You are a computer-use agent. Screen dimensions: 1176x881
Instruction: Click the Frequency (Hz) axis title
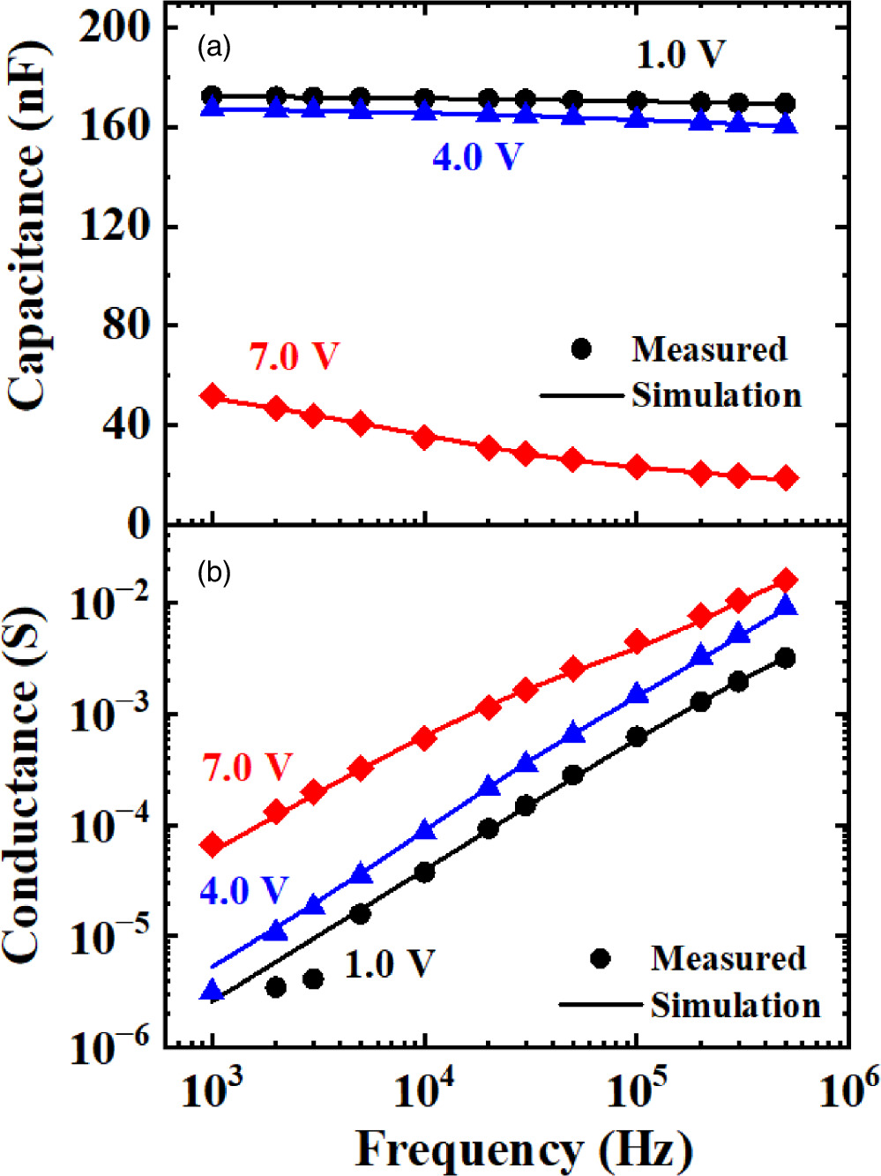coord(524,1149)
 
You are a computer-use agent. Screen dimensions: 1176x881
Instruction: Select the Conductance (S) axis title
coord(23,785)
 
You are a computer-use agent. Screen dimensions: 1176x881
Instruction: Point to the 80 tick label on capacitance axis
coord(126,325)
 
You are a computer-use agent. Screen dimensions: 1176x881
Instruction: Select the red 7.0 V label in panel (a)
coord(294,356)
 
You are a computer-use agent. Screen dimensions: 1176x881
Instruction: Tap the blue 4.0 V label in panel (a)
coord(477,157)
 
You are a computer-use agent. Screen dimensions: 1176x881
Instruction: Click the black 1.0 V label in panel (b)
coord(389,963)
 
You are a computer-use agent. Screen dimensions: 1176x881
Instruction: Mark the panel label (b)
coord(213,573)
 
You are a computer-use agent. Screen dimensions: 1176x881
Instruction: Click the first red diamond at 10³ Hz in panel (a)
coord(213,396)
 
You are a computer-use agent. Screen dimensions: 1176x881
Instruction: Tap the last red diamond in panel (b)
coord(786,580)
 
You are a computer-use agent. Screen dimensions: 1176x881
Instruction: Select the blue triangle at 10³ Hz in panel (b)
coord(213,990)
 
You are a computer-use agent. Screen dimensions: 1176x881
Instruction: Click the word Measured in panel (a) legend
coord(709,349)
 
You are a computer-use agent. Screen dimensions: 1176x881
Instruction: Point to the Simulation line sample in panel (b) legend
coord(601,1005)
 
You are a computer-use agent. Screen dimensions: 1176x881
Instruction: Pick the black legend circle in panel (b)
coord(601,958)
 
